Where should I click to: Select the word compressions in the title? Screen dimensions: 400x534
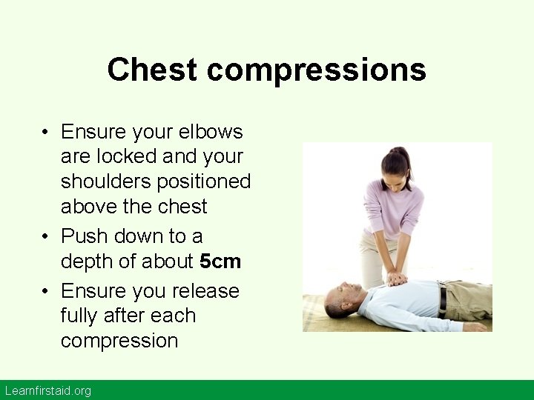click(x=317, y=70)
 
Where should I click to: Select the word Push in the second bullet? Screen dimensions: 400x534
click(x=84, y=236)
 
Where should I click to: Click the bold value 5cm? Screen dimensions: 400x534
click(x=220, y=261)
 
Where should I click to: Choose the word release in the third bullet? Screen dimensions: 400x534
click(x=205, y=291)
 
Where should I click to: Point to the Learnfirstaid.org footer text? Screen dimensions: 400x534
click(x=47, y=390)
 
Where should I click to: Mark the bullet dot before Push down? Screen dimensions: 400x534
click(x=46, y=237)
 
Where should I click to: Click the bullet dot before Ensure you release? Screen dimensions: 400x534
click(x=46, y=292)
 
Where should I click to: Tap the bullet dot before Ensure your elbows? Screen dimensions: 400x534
click(x=46, y=133)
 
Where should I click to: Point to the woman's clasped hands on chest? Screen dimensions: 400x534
click(x=397, y=279)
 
